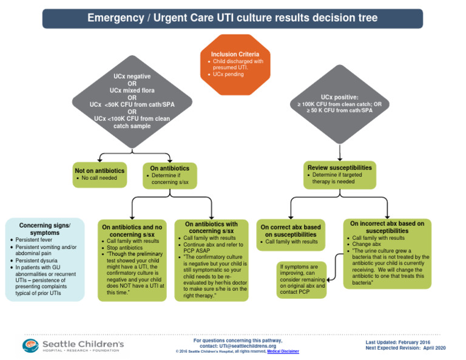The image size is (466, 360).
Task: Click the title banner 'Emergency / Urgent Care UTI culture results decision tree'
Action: tap(232, 18)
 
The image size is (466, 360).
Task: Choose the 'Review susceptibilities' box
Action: tap(339, 174)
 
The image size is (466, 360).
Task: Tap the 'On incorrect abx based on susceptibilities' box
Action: tap(387, 254)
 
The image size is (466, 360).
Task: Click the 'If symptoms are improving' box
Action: tap(302, 279)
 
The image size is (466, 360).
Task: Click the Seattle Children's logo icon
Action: tap(30, 345)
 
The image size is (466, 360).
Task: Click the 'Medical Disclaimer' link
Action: tap(283, 352)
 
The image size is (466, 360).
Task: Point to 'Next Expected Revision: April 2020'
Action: tap(405, 348)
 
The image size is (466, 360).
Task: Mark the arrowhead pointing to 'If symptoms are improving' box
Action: tap(328, 279)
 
